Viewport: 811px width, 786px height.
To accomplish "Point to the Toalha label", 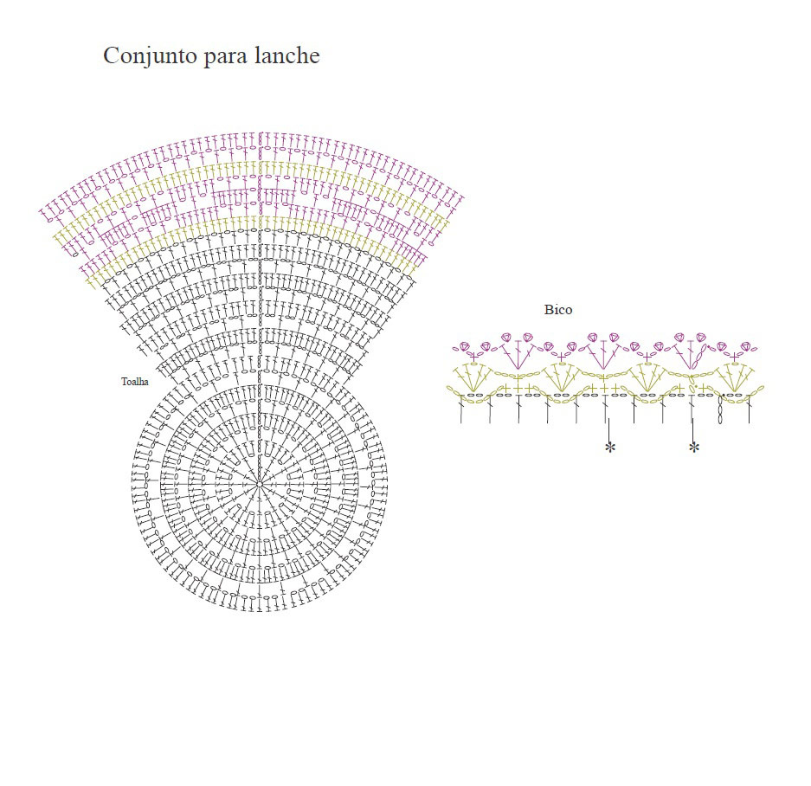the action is pyautogui.click(x=135, y=382).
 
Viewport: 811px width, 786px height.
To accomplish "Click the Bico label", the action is pyautogui.click(x=558, y=310).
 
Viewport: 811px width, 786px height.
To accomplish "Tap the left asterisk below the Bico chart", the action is pyautogui.click(x=610, y=447).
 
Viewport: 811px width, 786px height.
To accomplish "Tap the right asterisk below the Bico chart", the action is pyautogui.click(x=694, y=447).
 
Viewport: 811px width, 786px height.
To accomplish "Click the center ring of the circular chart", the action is pyautogui.click(x=260, y=485).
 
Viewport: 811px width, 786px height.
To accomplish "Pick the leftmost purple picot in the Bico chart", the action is pyautogui.click(x=463, y=346).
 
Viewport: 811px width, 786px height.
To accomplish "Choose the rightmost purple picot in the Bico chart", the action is pyautogui.click(x=745, y=346).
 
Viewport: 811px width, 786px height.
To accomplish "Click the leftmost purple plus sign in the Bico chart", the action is pyautogui.click(x=473, y=357).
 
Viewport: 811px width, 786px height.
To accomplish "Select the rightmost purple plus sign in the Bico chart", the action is pyautogui.click(x=735, y=357).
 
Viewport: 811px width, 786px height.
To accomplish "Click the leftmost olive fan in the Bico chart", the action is pyautogui.click(x=473, y=377).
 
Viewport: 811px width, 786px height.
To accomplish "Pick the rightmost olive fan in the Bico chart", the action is pyautogui.click(x=735, y=377).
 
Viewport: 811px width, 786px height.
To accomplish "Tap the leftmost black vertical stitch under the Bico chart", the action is pyautogui.click(x=461, y=409).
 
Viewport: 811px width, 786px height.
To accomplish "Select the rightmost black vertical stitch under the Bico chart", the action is pyautogui.click(x=749, y=409).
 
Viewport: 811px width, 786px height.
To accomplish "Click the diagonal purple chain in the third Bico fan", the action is pyautogui.click(x=698, y=356).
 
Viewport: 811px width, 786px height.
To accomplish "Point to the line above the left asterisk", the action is pyautogui.click(x=609, y=430).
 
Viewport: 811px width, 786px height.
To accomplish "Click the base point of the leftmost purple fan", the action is pyautogui.click(x=518, y=369).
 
